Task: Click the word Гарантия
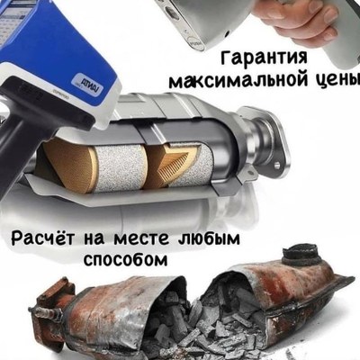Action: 264,58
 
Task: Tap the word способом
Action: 125,259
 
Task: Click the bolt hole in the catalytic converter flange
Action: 276,165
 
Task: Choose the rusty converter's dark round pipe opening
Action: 301,253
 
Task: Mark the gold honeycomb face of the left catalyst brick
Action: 71,165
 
